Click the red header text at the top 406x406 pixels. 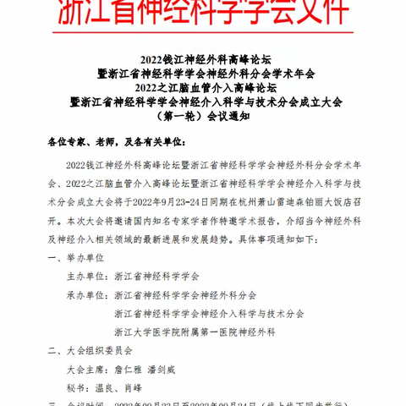pyautogui.click(x=203, y=14)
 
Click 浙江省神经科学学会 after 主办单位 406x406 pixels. pyautogui.click(x=156, y=277)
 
